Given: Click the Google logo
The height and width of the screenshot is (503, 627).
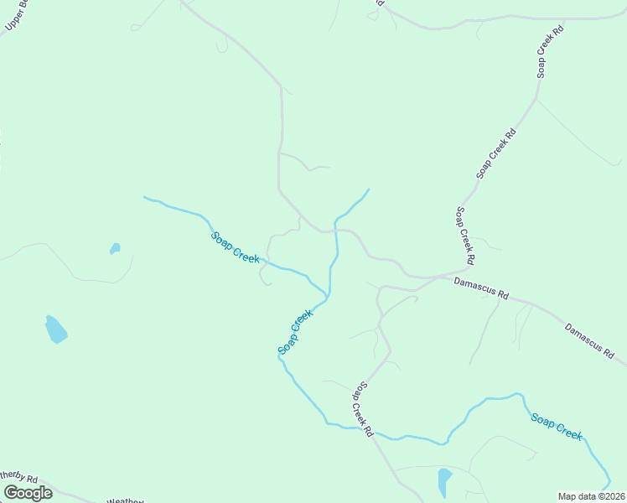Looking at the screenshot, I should [28, 493].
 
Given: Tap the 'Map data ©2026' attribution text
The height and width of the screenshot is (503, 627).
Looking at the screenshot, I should [591, 496].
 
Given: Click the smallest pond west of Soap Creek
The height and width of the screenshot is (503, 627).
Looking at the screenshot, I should [115, 248].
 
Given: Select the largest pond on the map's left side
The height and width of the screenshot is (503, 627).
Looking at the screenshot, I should [55, 329].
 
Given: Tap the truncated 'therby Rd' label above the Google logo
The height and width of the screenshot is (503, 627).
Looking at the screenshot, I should [18, 478].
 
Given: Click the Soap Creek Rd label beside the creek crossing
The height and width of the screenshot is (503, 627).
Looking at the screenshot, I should [360, 408].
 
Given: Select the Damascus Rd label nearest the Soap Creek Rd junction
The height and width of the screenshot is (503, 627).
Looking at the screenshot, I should [481, 289].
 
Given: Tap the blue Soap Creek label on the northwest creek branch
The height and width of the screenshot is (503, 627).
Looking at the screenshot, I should [235, 247].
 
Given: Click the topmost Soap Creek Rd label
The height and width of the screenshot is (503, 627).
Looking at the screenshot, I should [551, 52].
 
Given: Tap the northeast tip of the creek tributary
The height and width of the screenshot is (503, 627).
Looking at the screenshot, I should [368, 189].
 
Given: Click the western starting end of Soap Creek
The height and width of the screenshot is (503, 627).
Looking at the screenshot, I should [144, 197].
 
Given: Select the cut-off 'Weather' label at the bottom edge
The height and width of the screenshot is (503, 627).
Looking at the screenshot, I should [126, 500].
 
